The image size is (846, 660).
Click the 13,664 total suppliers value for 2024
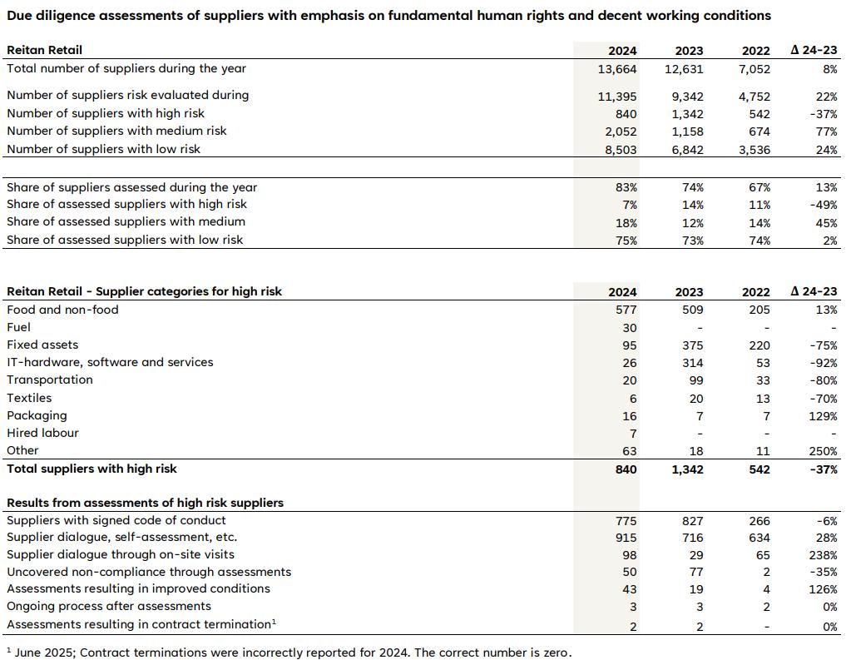click(616, 69)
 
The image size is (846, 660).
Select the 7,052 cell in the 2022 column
click(754, 69)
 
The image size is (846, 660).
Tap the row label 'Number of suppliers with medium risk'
click(116, 131)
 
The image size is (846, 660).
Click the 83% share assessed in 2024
click(626, 188)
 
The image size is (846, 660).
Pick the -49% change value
click(825, 205)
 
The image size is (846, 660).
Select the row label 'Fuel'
click(18, 327)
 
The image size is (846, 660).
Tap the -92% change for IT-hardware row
click(825, 363)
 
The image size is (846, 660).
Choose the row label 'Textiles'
click(29, 398)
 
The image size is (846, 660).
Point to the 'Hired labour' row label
click(42, 433)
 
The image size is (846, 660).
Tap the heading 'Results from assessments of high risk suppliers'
click(145, 503)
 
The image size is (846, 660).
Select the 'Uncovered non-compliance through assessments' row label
click(149, 572)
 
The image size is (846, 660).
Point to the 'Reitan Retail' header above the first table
click(44, 50)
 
